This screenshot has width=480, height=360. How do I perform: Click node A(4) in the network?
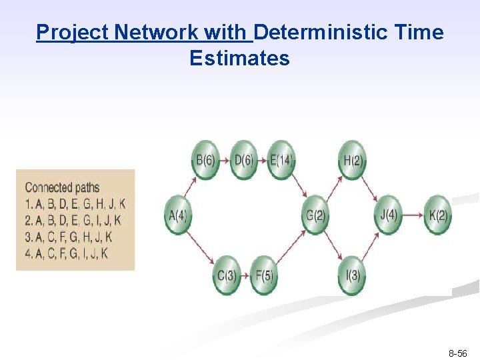point(177,215)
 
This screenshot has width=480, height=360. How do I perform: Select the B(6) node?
point(205,160)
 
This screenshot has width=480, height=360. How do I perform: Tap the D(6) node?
point(243,160)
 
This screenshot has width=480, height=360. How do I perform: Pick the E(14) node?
point(281,160)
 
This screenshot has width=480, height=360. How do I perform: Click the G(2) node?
point(315,215)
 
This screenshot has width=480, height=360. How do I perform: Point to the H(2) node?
point(351,160)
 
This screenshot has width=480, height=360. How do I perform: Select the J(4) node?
point(388,215)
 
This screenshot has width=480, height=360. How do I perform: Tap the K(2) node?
point(437,215)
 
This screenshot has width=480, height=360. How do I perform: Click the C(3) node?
point(227,275)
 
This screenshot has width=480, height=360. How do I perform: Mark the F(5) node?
point(264,275)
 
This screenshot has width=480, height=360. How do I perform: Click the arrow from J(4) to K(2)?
point(413,215)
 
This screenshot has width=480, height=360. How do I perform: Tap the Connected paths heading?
point(61,187)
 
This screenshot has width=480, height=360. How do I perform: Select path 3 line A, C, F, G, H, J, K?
point(69,237)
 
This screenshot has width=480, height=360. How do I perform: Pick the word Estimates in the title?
point(239,59)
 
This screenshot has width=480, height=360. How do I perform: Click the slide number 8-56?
point(457,353)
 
